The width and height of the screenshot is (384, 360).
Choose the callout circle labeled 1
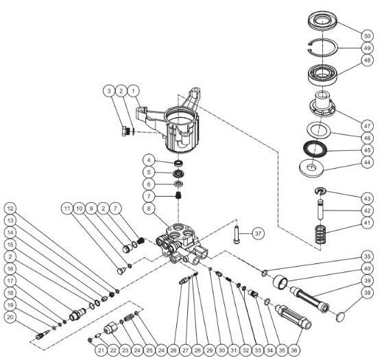click(134, 90)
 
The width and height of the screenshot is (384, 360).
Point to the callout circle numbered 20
click(10, 317)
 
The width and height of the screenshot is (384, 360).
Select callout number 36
click(294, 350)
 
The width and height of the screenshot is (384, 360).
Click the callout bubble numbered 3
click(108, 90)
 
